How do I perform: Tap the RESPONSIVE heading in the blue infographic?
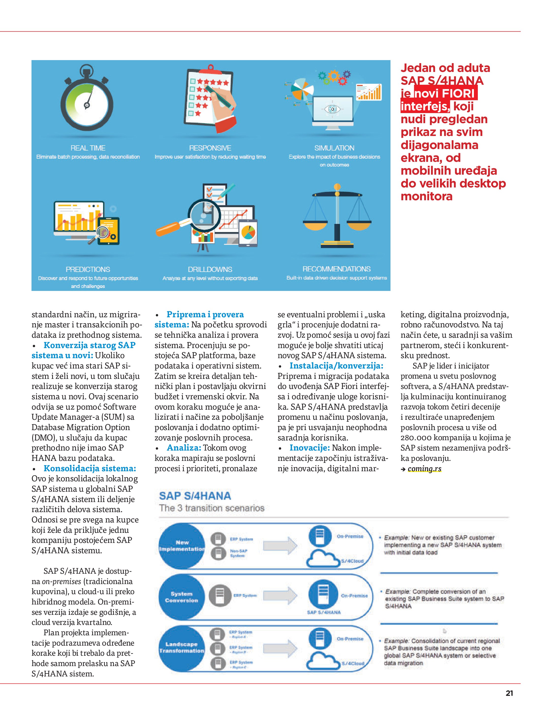coord(210,148)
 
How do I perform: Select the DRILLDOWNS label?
coord(210,269)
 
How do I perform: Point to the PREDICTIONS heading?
coord(88,269)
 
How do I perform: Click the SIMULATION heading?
coord(334,148)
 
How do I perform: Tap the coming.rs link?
coord(424,469)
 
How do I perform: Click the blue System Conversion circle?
coord(181,597)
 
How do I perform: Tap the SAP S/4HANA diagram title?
coord(195,496)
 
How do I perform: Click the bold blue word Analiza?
coord(184,448)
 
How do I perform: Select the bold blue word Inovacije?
coord(310,448)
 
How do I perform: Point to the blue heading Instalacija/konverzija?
coord(336,366)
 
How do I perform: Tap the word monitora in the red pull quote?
coord(426,196)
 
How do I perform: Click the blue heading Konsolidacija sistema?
coord(90,469)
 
